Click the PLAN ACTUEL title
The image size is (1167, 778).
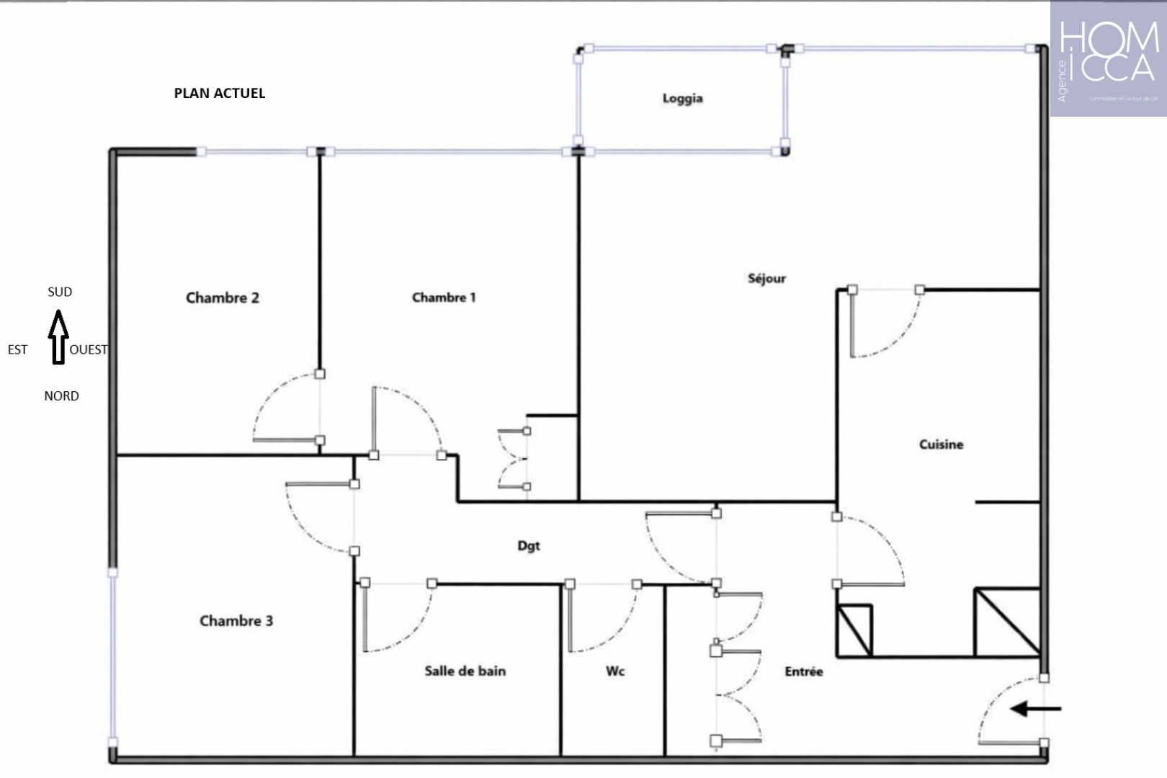coord(220,93)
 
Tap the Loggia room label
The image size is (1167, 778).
coord(682,98)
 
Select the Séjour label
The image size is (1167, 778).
coord(766,278)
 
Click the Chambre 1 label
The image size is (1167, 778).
coord(444,297)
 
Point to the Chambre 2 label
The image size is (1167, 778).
coord(223,298)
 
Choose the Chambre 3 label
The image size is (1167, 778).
coord(236,620)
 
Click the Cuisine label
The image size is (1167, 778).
coord(941,444)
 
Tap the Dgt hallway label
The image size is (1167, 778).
coord(529,545)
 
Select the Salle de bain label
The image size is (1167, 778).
coord(465,671)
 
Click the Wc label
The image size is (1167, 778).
coord(614,671)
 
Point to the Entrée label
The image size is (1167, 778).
coord(803,671)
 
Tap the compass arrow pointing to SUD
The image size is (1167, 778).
coord(58,337)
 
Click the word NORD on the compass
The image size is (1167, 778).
coord(61,396)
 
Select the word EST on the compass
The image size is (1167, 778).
coord(17,349)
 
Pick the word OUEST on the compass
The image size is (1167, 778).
coord(89,349)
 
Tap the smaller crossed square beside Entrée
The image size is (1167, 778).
coord(855,630)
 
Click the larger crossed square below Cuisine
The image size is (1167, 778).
coord(1007,622)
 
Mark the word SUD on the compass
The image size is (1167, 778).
coord(60,292)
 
